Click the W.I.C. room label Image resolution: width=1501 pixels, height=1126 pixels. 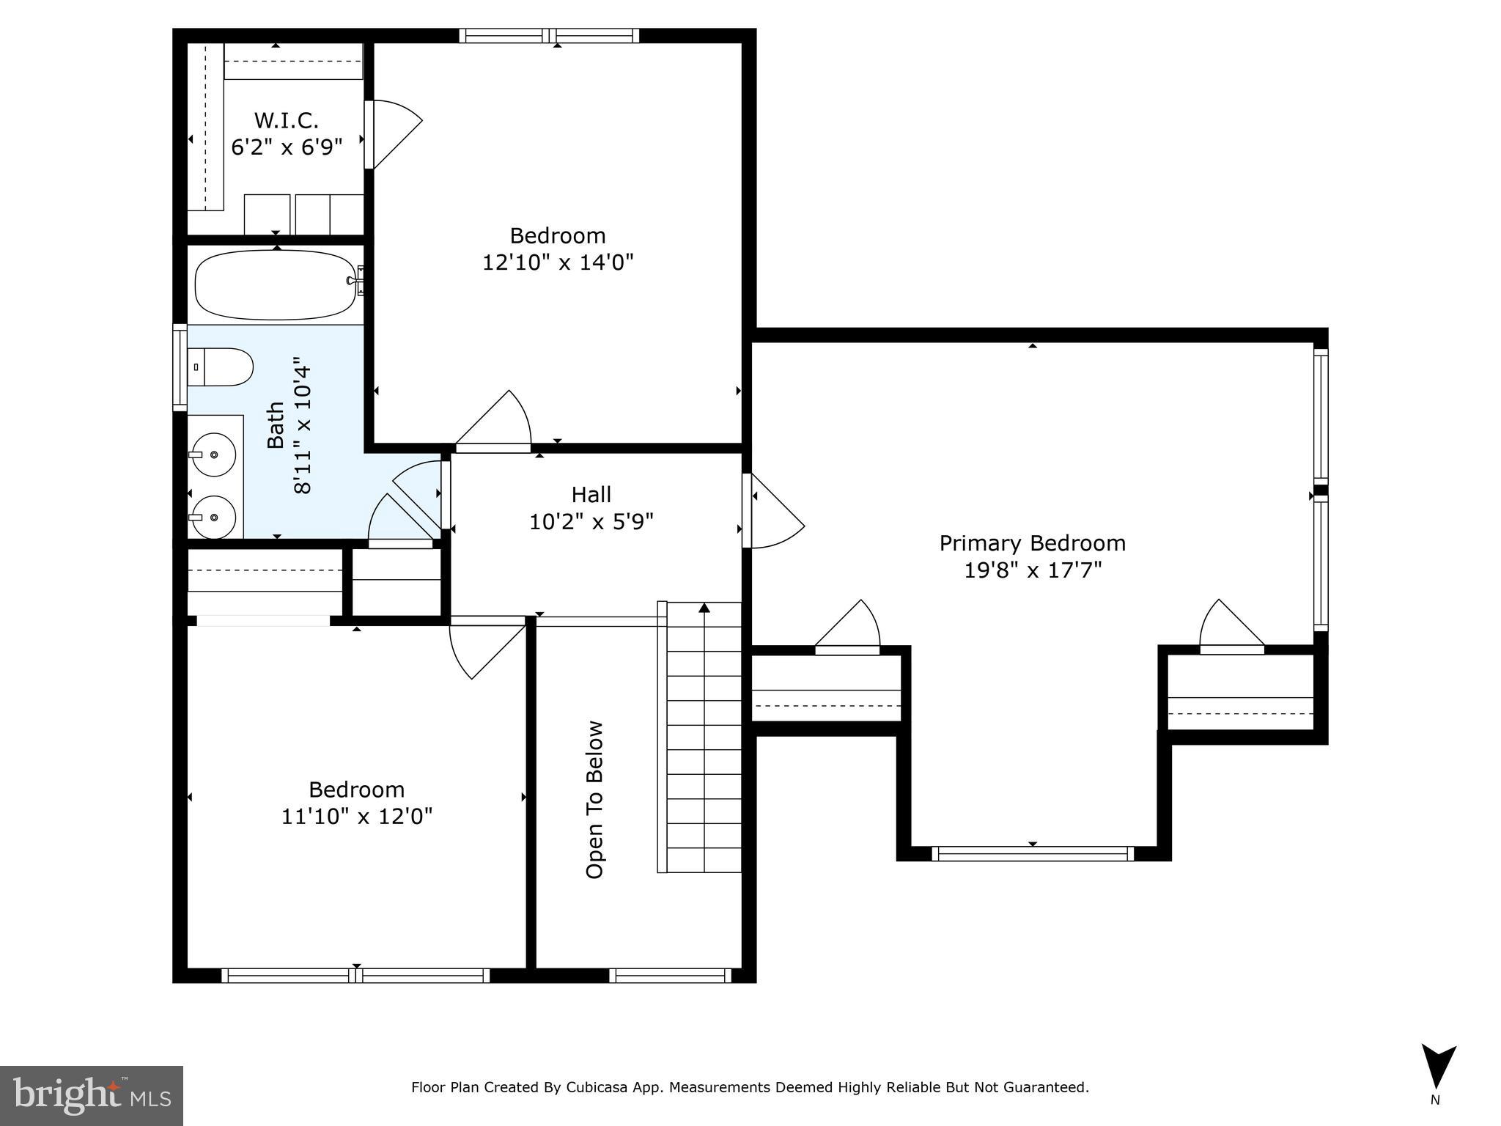(286, 120)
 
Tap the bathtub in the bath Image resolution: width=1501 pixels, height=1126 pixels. (276, 285)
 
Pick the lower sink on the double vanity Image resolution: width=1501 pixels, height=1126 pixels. (213, 518)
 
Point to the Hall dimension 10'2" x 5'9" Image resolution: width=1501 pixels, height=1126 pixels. (591, 522)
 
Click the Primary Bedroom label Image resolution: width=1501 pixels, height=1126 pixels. (1032, 543)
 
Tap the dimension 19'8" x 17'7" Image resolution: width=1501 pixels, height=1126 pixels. (1032, 570)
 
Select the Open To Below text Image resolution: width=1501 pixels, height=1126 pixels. (594, 800)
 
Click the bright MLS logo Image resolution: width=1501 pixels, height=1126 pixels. (92, 1095)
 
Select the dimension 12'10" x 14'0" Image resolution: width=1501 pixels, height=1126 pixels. (557, 262)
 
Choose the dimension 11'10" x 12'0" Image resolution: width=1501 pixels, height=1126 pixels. (357, 816)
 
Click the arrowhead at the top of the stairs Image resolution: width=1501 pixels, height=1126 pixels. (704, 608)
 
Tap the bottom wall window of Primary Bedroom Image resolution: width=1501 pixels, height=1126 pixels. (1032, 853)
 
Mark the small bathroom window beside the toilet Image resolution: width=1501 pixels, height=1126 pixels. (180, 367)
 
